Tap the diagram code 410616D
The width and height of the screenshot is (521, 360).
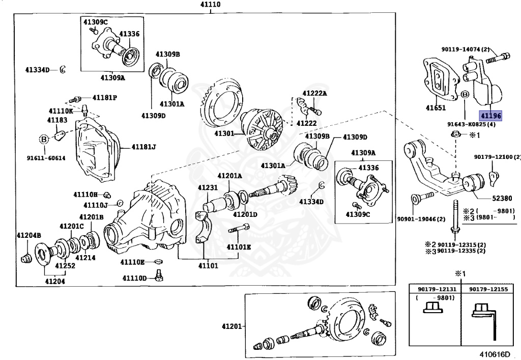point(495,352)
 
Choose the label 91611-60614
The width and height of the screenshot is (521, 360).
point(46,158)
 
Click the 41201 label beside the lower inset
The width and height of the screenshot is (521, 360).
point(231,326)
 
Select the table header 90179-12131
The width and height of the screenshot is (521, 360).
point(434,289)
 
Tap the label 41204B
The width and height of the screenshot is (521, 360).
point(28,235)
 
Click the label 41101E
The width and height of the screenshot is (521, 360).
point(239,246)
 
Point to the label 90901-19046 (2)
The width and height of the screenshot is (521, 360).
point(421,219)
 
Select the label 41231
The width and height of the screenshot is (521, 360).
point(208,188)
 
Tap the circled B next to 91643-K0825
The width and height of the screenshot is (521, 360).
point(465,95)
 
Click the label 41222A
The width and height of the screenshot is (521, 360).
point(314,93)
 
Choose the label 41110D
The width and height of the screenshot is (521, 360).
point(135,278)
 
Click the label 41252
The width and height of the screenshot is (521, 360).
point(65,266)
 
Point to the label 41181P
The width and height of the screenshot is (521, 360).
point(104,97)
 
